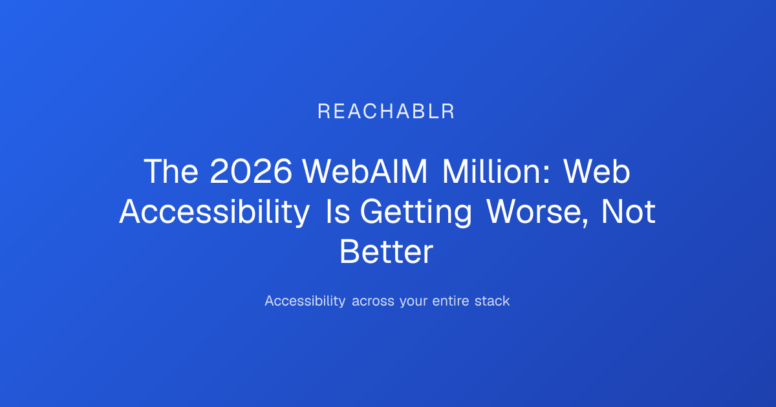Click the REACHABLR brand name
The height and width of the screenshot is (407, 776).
pos(386,111)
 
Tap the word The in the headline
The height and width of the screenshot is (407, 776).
pos(171,171)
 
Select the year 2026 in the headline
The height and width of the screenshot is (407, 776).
pos(251,171)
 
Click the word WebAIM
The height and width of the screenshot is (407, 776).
pos(365,171)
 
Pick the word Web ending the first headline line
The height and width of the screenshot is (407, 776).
pos(596,171)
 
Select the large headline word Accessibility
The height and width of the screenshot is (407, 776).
pos(215,212)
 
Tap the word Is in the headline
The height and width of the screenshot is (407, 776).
pos(338,211)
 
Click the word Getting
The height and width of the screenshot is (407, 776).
pos(416,213)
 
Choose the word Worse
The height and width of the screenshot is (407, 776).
pos(534,211)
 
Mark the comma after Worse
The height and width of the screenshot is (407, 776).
pos(585,222)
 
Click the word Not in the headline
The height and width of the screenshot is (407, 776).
pos(628,211)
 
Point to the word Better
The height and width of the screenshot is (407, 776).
pos(386,251)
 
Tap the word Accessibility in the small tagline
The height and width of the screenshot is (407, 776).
pos(305,301)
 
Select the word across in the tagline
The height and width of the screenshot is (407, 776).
pos(372,302)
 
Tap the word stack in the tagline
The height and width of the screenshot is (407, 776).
pos(492,301)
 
